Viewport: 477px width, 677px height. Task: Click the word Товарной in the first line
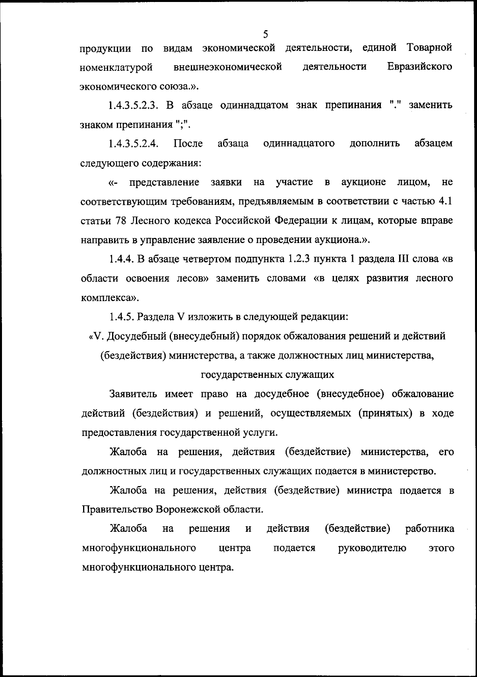[x=430, y=48]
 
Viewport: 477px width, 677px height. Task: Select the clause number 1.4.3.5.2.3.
[x=134, y=105]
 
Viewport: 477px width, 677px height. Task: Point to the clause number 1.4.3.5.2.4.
[x=134, y=144]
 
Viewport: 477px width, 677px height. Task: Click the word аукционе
[x=363, y=182]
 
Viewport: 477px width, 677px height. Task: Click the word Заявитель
[x=135, y=394]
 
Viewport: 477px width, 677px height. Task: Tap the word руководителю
[x=372, y=548]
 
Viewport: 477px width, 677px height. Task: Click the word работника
[x=430, y=529]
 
